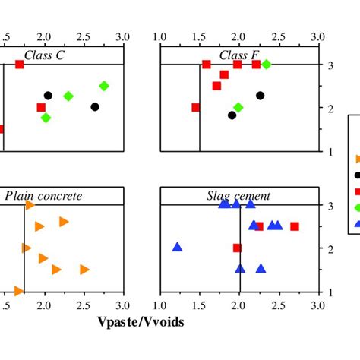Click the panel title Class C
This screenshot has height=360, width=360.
point(43,54)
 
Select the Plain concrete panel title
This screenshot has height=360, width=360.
point(43,196)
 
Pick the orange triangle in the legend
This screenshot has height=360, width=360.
point(358,159)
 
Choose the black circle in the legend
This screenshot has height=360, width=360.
point(358,175)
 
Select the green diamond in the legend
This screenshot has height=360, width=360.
point(358,207)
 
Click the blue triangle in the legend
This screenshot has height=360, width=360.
point(358,223)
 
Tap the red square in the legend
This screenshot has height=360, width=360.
point(358,191)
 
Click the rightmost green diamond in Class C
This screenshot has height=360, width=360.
point(104,86)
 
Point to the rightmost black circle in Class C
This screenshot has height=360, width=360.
point(95,107)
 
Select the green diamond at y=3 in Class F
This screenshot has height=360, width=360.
point(266,65)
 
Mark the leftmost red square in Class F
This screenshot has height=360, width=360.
point(196,107)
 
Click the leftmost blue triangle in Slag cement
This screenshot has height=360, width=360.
point(177,247)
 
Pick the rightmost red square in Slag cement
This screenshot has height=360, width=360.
point(295,226)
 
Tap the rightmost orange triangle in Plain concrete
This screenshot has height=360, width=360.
point(84,269)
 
